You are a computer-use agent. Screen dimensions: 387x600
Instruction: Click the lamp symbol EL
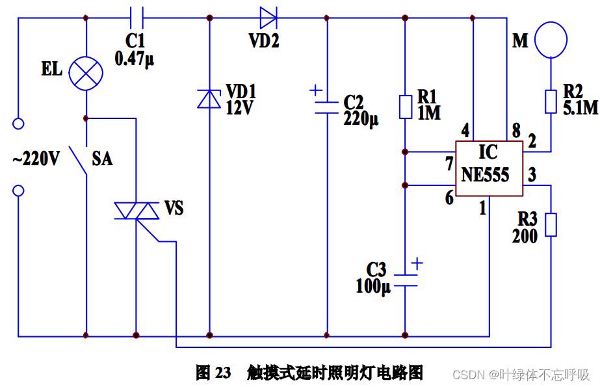pos(86,72)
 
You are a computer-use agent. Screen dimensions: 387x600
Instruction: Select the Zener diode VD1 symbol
pos(209,99)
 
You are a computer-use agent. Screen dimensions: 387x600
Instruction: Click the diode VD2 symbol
pos(268,18)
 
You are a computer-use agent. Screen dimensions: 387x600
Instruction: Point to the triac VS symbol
pos(137,211)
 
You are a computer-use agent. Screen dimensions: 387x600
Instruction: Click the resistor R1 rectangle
pos(405,107)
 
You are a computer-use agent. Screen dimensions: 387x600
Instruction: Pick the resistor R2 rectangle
pos(551,102)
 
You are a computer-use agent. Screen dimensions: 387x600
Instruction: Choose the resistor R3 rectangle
pos(551,224)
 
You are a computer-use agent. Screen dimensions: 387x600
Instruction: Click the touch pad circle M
pos(551,38)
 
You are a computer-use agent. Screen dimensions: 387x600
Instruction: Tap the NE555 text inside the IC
pos(486,175)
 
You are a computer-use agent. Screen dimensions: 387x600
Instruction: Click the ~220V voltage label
pos(36,159)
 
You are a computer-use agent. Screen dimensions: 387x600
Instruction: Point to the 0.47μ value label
pos(134,60)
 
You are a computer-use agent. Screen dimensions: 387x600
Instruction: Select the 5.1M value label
pos(580,107)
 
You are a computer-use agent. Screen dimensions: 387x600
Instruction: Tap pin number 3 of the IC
pos(532,174)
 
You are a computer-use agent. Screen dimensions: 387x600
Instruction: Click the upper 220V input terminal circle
pos(18,123)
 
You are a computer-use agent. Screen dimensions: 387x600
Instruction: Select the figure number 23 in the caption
pos(223,373)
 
